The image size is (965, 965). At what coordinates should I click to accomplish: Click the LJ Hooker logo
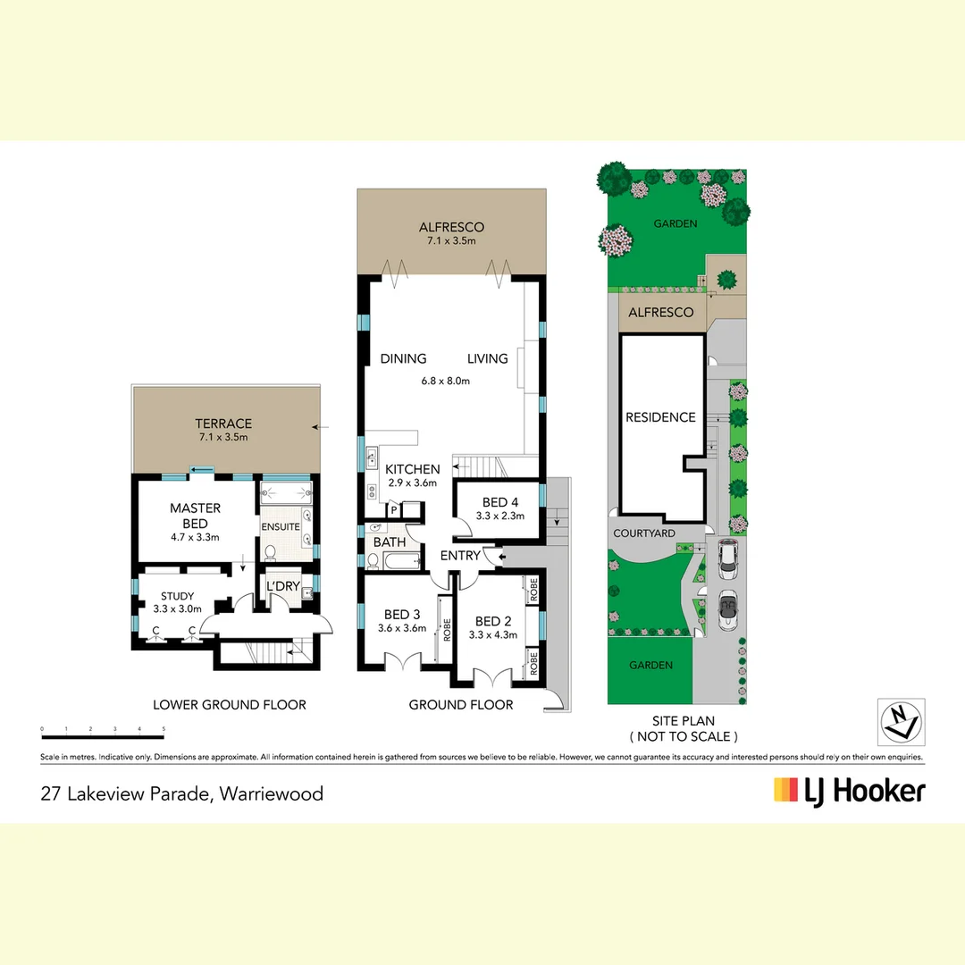(849, 791)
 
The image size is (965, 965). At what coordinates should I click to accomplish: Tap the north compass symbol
(901, 720)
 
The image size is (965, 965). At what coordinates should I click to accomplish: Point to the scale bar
(103, 736)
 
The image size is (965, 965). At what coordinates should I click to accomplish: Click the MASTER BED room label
(195, 516)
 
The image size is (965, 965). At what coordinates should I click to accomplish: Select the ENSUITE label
(281, 527)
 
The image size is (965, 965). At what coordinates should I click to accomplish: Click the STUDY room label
(177, 597)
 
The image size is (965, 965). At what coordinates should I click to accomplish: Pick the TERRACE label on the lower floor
(223, 424)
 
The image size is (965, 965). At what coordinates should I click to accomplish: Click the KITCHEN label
(412, 469)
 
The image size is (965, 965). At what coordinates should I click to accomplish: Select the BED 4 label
(499, 501)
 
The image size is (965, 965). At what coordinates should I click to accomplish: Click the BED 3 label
(402, 614)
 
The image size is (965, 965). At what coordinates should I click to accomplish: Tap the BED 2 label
(492, 622)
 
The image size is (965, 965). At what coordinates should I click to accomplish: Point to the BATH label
(390, 542)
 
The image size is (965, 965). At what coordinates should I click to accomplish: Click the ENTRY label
(460, 556)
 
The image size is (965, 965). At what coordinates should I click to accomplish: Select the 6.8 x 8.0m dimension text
(446, 381)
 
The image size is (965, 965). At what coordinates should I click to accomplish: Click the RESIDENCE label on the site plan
(660, 417)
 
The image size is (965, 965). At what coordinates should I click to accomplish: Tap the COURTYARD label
(643, 533)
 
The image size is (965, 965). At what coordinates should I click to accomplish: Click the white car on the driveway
(729, 558)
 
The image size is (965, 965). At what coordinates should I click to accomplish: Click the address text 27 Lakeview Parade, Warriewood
(182, 793)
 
